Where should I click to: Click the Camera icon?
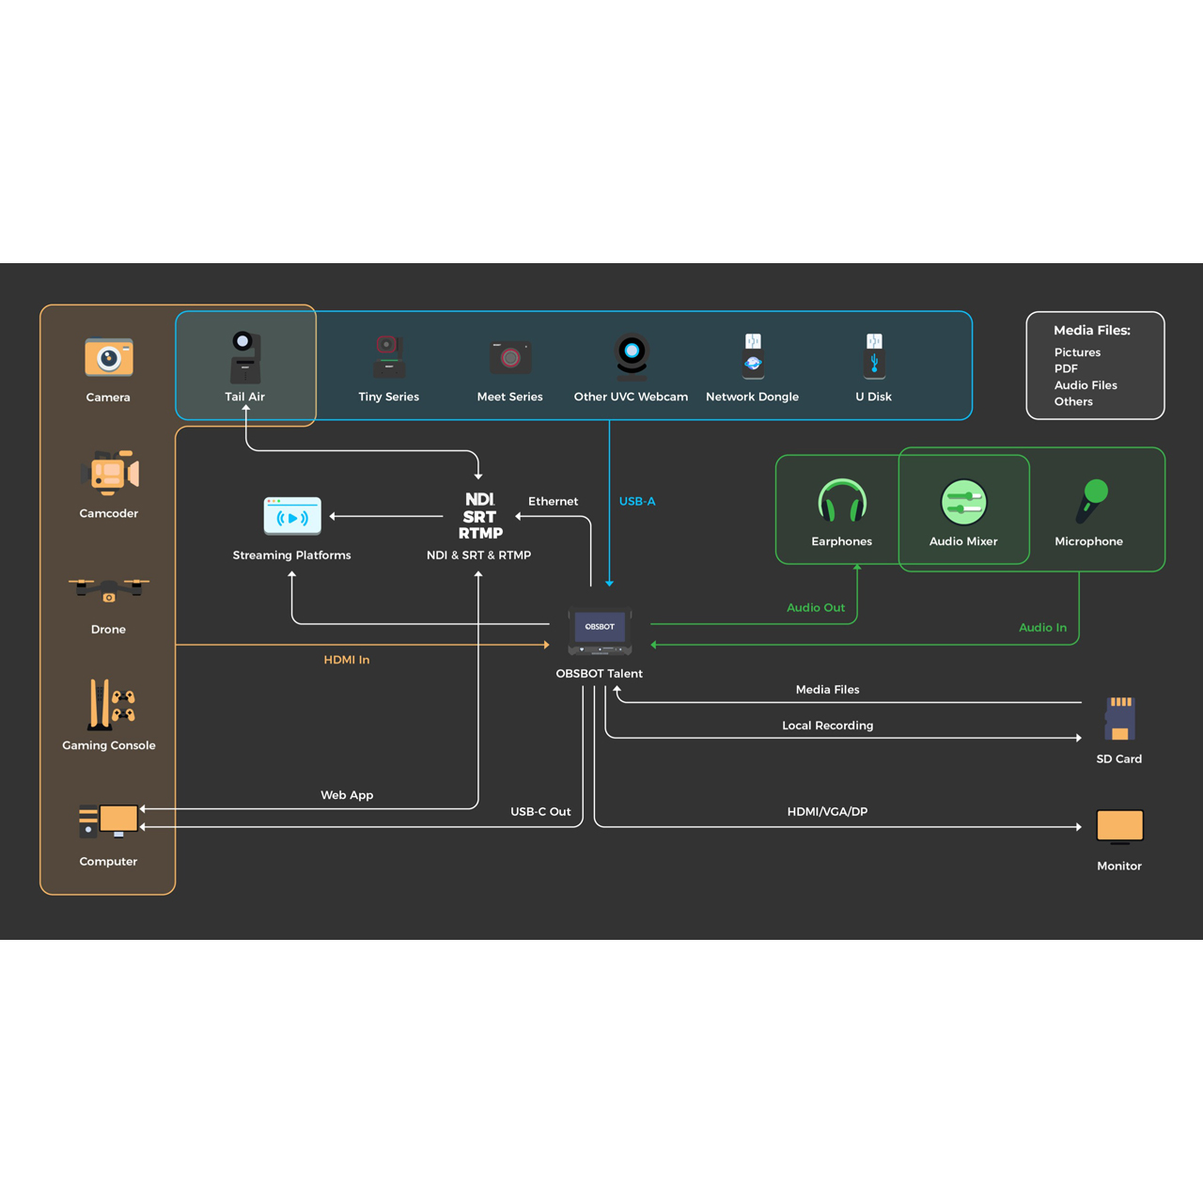pos(109,357)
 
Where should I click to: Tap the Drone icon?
pos(109,590)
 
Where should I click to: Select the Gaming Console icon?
pos(111,704)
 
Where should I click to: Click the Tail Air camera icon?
pos(245,356)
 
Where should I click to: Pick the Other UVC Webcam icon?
pos(632,356)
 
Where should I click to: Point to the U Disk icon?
pos(874,354)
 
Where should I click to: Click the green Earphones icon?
pos(842,501)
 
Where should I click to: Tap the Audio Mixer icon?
pos(963,501)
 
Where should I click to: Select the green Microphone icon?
pos(1090,500)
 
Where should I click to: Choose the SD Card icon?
pos(1119,720)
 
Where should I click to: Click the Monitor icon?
pos(1119,826)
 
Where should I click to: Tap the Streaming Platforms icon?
pos(292,516)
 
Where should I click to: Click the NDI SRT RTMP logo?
pos(480,516)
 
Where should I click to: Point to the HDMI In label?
pos(347,660)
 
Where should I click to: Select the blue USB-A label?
pos(637,502)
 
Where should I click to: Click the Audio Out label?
pos(816,608)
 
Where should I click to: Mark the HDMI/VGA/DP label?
pos(827,812)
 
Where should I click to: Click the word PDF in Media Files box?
pos(1066,369)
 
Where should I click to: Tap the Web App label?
pos(347,795)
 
